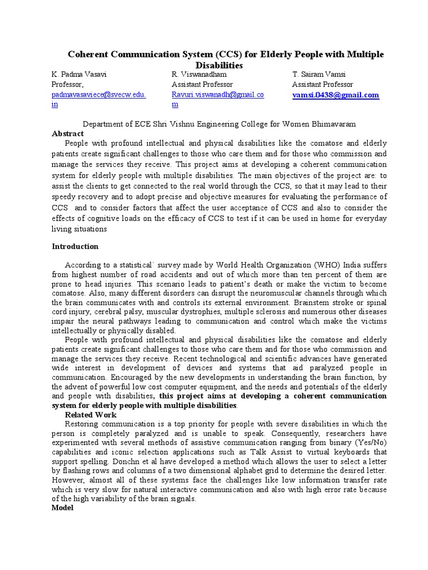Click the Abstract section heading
point(67,134)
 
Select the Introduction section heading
point(75,246)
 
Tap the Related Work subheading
point(91,415)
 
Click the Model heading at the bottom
point(62,508)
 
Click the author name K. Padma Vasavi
point(79,75)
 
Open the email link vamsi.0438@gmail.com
point(335,95)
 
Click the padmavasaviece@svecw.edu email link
point(99,95)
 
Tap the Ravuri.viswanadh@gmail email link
point(217,95)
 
